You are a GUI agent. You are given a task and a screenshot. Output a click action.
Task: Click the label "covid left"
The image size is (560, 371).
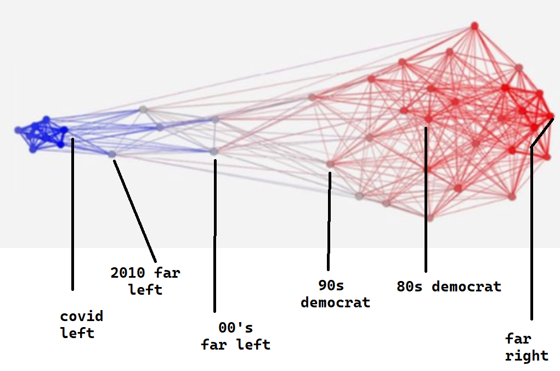(81, 324)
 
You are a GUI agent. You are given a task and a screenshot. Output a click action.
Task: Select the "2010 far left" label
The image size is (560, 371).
(145, 282)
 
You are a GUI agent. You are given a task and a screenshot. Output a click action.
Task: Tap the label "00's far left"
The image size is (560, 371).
(236, 336)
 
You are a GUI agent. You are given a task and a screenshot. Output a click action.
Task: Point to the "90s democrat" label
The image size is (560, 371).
(335, 294)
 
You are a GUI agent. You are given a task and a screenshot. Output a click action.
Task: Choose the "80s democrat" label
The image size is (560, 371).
(449, 286)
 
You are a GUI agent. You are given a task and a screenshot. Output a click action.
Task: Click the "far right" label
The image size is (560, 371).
(527, 347)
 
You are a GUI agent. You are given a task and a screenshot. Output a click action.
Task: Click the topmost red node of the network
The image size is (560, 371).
(474, 26)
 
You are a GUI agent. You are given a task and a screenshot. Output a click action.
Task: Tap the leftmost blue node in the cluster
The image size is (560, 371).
(18, 131)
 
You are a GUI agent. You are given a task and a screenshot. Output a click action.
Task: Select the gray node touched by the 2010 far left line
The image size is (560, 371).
(112, 154)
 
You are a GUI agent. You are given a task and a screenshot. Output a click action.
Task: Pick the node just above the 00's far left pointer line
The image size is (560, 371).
(214, 151)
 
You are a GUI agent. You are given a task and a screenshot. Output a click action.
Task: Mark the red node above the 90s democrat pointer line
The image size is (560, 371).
(330, 164)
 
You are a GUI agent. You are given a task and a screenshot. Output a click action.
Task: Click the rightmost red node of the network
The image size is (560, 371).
(551, 116)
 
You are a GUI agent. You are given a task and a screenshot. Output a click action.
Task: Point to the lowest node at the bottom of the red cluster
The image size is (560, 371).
(430, 218)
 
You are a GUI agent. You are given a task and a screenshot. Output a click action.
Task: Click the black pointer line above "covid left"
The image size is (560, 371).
(72, 214)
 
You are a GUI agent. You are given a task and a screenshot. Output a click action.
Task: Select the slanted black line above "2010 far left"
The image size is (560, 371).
(135, 211)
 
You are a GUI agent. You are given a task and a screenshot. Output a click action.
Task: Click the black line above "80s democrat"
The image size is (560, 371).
(426, 199)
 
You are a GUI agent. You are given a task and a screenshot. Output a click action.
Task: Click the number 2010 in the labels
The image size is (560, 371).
(128, 273)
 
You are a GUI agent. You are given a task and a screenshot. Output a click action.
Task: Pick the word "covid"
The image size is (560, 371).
(82, 316)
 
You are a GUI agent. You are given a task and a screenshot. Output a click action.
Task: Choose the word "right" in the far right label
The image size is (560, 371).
(527, 356)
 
